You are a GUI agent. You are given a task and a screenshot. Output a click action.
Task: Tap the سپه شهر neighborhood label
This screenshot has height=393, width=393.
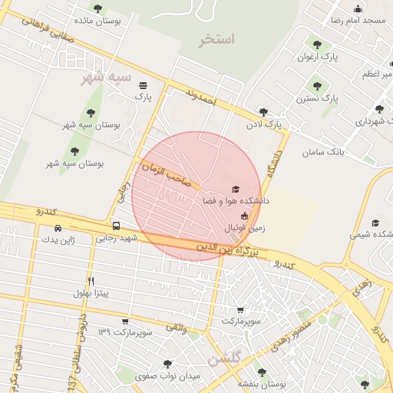click(x=107, y=78)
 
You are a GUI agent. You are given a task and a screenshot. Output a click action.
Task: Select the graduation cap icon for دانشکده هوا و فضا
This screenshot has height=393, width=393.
click(x=235, y=189)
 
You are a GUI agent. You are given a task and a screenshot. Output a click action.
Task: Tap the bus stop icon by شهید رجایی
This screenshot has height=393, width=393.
click(x=116, y=226)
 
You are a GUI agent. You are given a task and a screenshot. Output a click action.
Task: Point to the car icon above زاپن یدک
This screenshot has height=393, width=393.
click(x=59, y=228)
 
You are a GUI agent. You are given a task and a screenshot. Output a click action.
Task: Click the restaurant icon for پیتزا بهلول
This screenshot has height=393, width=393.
click(x=91, y=281)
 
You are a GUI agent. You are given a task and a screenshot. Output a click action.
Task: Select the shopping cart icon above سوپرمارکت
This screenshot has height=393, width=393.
click(x=240, y=309)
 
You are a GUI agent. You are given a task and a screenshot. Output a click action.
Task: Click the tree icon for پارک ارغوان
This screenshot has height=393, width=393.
click(x=317, y=45)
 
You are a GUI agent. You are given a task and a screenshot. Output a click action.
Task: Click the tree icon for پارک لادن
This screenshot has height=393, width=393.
click(x=263, y=112)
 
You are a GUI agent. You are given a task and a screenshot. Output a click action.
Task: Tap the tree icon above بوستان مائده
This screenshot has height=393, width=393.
click(x=97, y=8)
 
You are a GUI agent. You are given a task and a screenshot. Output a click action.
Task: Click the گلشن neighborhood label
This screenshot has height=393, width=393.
click(x=225, y=359)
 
